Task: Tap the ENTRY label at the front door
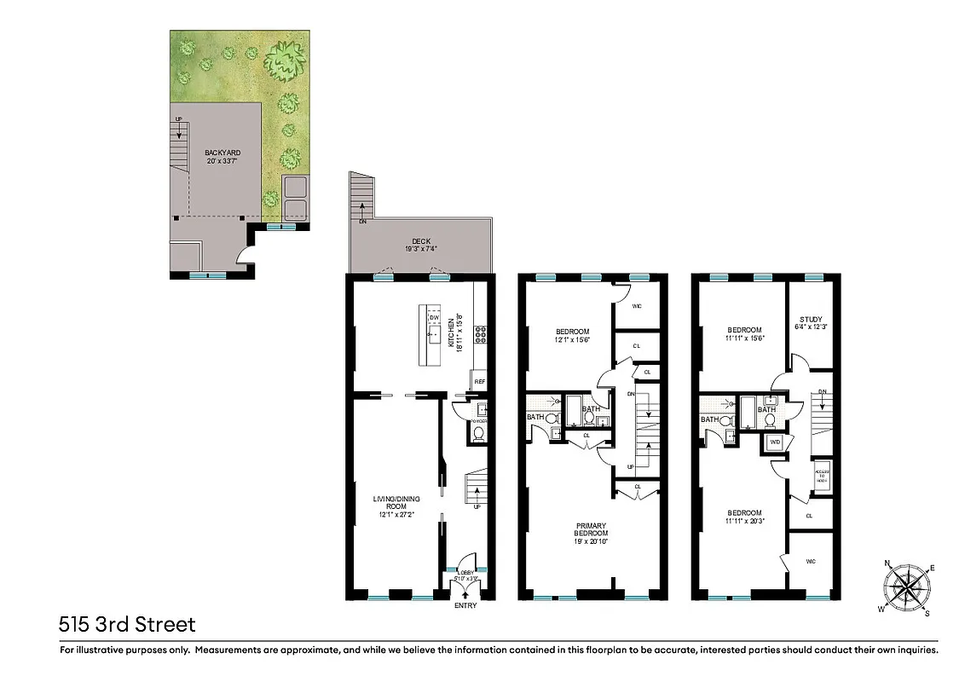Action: (466, 605)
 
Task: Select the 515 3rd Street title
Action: (128, 625)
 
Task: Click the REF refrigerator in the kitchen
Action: (479, 382)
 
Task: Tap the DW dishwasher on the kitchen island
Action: (433, 318)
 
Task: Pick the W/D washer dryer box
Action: (775, 442)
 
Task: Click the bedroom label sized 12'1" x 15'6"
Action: (572, 335)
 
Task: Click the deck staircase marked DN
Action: (362, 193)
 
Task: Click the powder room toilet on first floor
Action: (477, 433)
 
